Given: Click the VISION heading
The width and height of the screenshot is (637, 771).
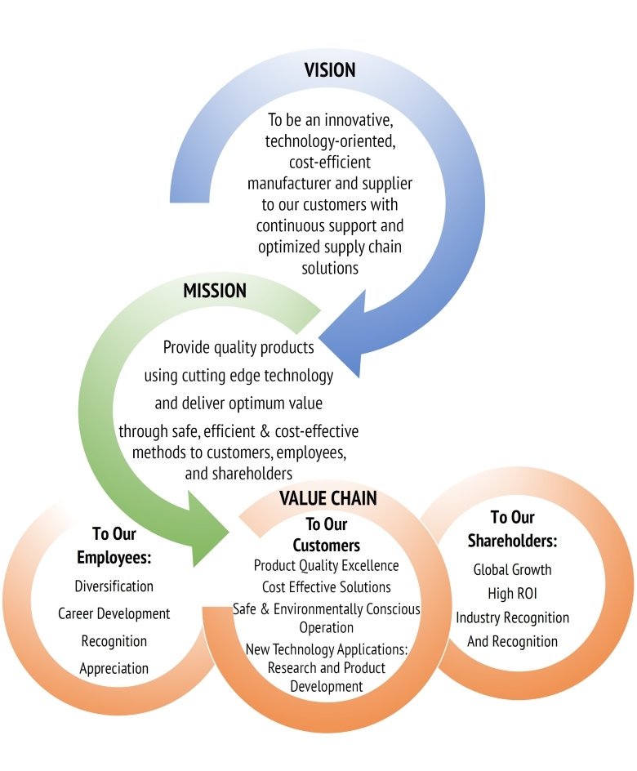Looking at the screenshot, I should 330,70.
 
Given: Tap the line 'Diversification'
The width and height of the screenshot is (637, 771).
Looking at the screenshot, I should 114,586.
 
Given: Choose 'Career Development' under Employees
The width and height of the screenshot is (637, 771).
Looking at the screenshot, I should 114,613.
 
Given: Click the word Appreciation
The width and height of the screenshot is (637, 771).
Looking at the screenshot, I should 114,668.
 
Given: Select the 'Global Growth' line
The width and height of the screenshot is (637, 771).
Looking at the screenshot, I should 512,569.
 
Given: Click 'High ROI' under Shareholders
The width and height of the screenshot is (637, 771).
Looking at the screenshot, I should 512,593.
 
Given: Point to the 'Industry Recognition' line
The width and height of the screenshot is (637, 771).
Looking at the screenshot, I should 512,617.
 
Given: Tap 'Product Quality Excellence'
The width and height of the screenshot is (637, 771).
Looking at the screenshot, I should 326,565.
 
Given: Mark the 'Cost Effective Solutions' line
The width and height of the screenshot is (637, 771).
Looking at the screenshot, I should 326,587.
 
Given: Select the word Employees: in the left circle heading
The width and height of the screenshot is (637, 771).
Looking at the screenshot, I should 114,558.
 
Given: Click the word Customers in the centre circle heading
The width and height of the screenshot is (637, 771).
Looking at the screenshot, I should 326,545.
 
